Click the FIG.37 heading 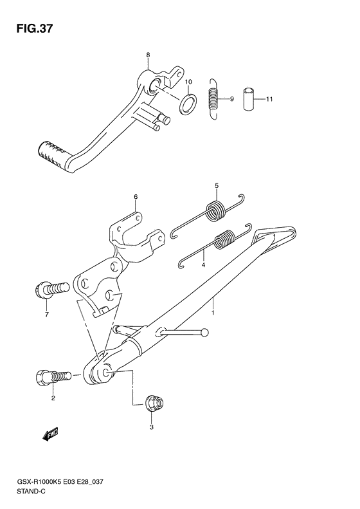pyautogui.click(x=34, y=28)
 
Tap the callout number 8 pyautogui.click(x=148, y=55)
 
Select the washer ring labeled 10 pyautogui.click(x=188, y=104)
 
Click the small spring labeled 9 pyautogui.click(x=213, y=98)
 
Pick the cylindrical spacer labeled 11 pyautogui.click(x=249, y=98)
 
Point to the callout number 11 pyautogui.click(x=269, y=99)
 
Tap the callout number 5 pyautogui.click(x=217, y=186)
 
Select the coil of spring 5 pyautogui.click(x=216, y=211)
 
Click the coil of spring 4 pyautogui.click(x=225, y=240)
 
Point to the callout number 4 pyautogui.click(x=203, y=265)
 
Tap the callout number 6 pyautogui.click(x=136, y=197)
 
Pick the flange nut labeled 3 pyautogui.click(x=155, y=403)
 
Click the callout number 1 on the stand pyautogui.click(x=213, y=313)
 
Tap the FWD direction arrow pyautogui.click(x=50, y=434)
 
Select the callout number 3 pyautogui.click(x=152, y=427)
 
